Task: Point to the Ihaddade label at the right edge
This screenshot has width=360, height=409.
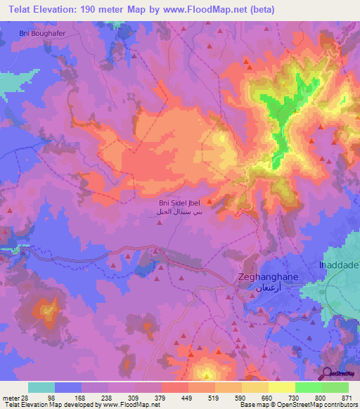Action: [340, 265]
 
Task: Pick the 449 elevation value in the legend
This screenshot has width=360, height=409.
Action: [186, 398]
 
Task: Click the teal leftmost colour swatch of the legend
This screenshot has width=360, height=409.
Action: [41, 387]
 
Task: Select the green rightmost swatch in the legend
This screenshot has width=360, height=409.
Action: [335, 387]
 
